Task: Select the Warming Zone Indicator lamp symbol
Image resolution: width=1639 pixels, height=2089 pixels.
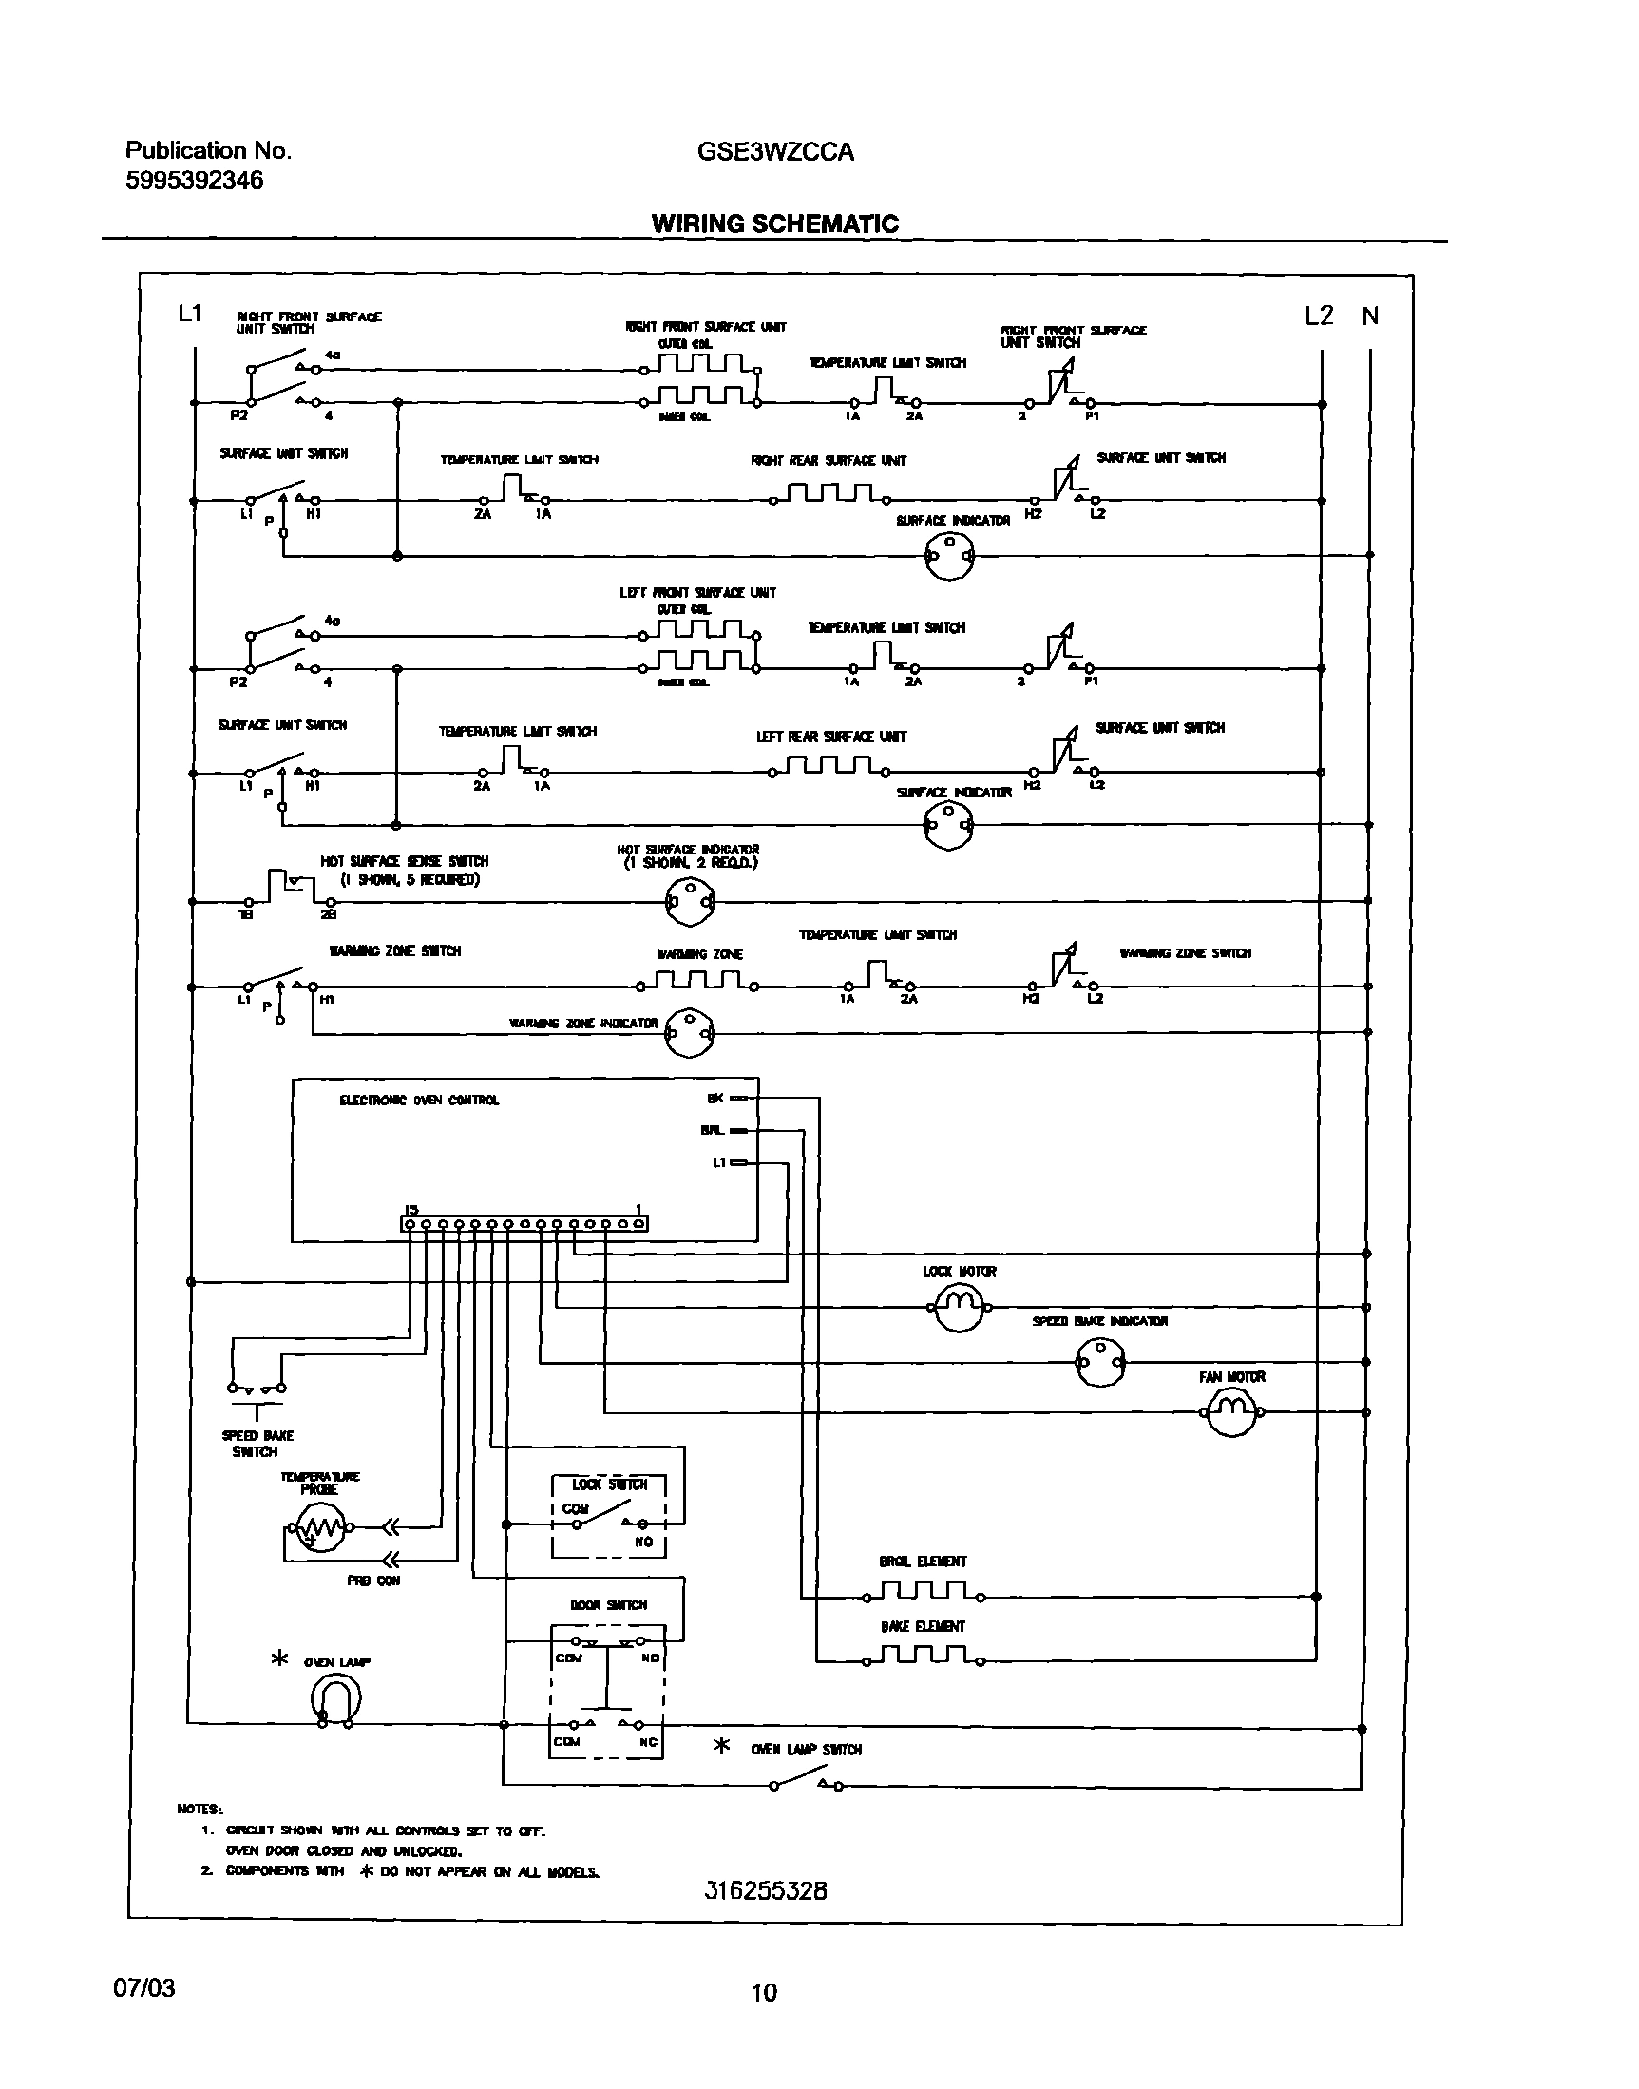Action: click(691, 1032)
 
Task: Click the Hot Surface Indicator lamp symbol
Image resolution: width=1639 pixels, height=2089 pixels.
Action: click(690, 901)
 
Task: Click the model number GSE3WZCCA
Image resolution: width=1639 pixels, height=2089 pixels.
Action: click(775, 152)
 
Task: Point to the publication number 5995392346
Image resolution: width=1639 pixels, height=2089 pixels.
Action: click(194, 181)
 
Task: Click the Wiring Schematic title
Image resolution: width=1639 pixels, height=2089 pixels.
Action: click(775, 223)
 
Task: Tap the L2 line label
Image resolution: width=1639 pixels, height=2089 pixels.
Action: click(1319, 316)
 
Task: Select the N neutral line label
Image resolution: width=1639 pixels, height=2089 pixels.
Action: click(1370, 316)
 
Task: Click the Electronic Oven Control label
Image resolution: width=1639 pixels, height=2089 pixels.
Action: click(419, 1101)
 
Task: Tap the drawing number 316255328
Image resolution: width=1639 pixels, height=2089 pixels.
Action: click(766, 1891)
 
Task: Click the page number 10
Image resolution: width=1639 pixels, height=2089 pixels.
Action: click(764, 1993)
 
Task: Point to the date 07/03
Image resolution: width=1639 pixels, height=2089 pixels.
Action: click(145, 1987)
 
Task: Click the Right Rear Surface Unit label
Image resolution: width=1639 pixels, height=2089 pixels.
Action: click(829, 461)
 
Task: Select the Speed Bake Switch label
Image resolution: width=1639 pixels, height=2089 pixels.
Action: click(257, 1444)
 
